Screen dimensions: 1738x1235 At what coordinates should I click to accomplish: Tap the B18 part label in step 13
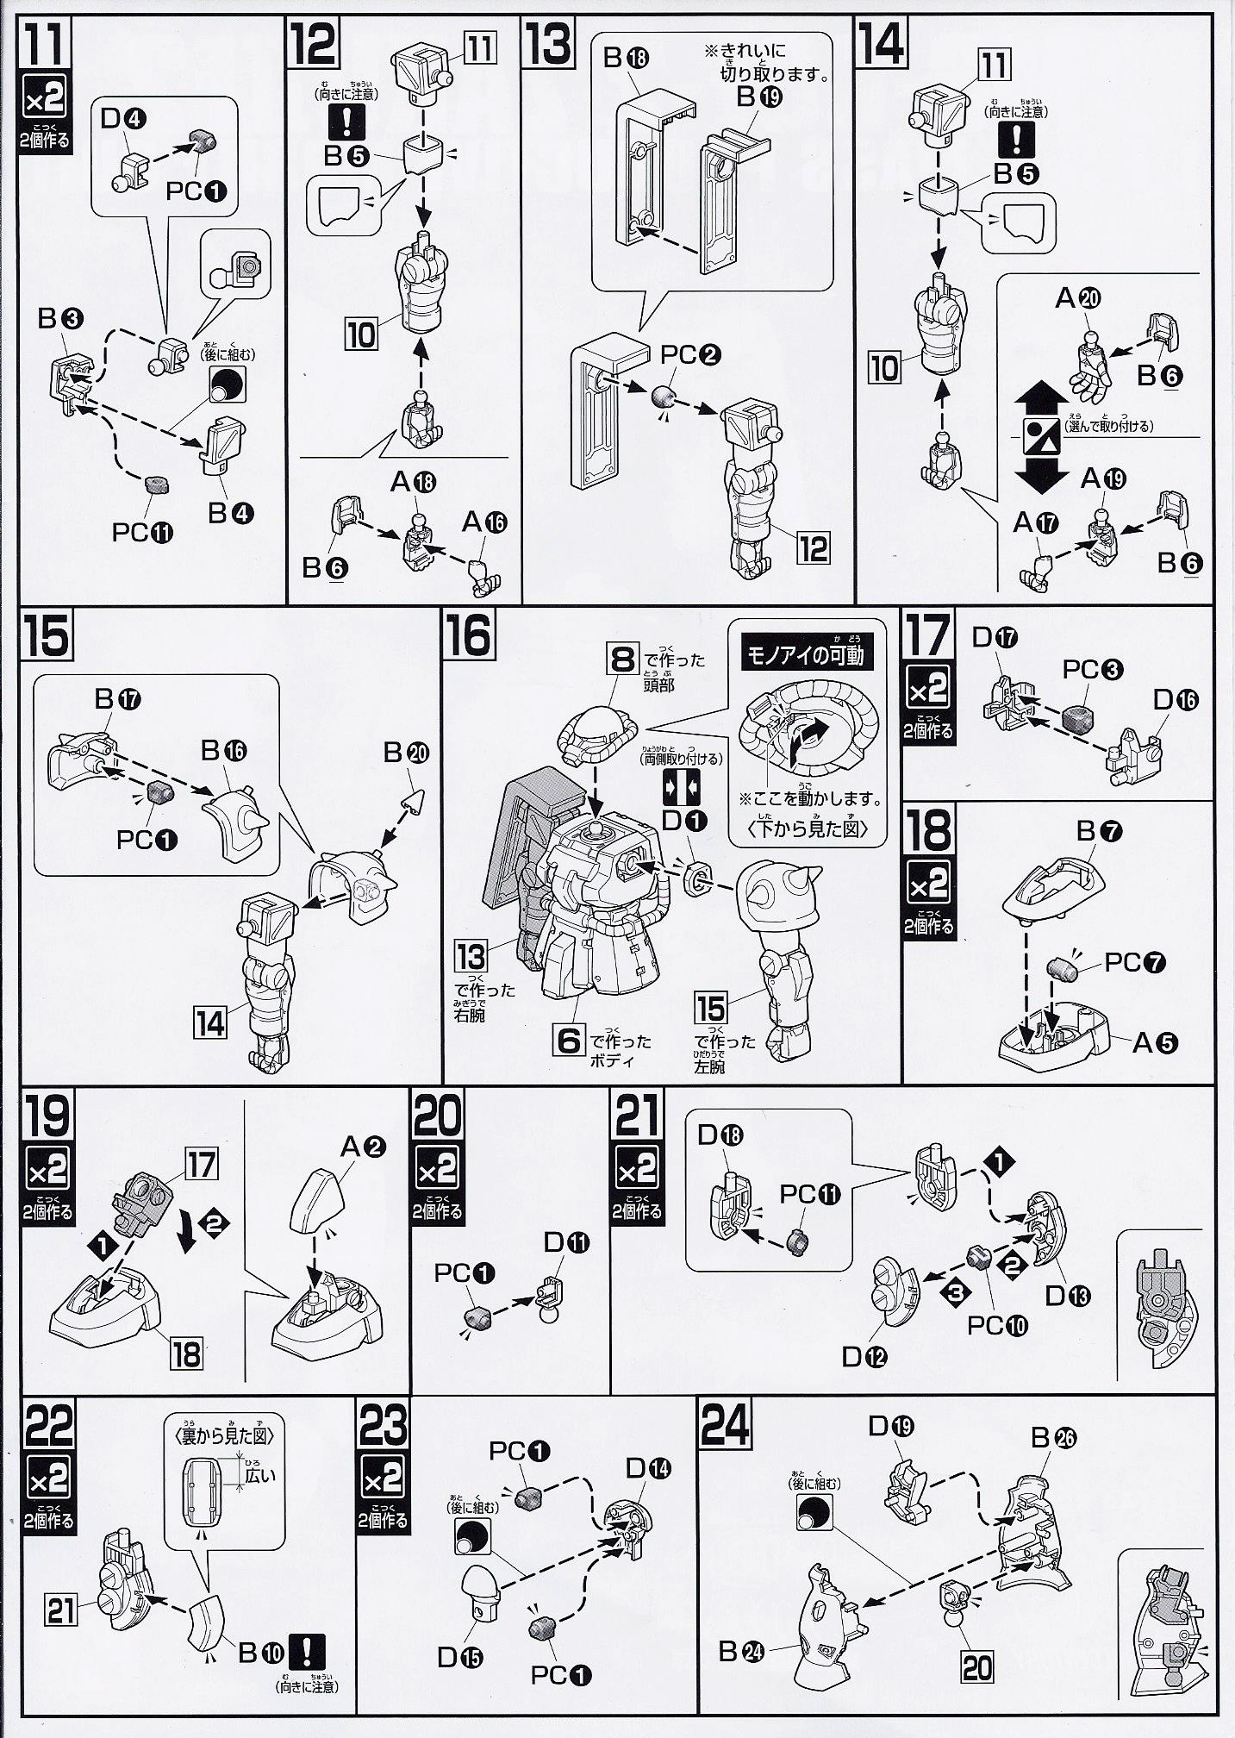pos(626,58)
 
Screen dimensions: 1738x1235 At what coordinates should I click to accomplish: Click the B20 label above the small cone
pos(406,753)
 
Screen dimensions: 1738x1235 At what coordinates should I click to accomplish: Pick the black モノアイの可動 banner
pos(804,654)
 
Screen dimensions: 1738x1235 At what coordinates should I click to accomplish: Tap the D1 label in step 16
pos(685,821)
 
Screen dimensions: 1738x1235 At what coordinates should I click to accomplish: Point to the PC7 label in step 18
pos(1135,961)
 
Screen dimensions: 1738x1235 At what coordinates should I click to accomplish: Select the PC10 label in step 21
pos(997,1324)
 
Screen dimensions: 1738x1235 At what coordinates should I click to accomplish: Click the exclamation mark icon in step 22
pos(308,1650)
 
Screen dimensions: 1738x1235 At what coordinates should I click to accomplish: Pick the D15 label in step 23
pos(458,1657)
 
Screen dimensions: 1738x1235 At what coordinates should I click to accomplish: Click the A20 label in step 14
pos(1078,298)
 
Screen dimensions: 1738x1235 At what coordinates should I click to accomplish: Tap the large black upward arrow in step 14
pos(1041,399)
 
